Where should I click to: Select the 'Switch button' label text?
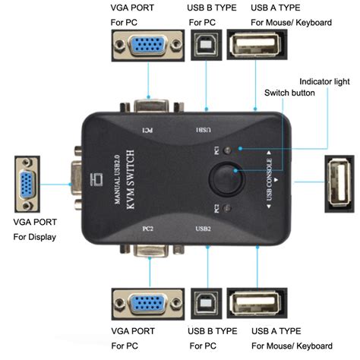289,93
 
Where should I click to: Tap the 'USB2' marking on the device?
204,228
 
